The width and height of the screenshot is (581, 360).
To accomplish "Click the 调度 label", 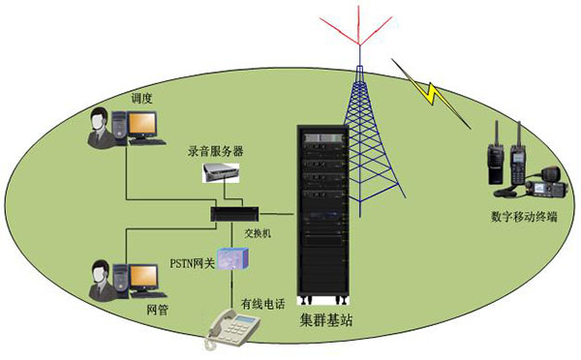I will tap(142, 98).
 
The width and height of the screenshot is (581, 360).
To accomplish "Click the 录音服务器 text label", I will tap(216, 153).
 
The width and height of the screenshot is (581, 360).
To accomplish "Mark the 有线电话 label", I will tap(262, 305).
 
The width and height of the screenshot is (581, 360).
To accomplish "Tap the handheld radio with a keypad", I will tap(519, 155).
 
